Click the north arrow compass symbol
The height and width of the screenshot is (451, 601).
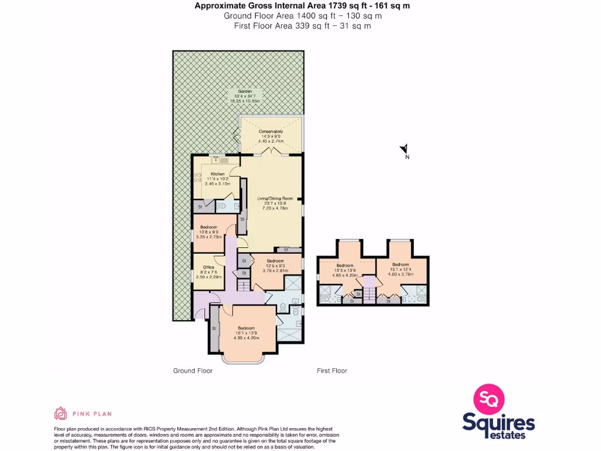[404, 150]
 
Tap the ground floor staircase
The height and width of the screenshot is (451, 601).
[243, 286]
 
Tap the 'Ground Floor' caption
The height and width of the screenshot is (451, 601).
[193, 371]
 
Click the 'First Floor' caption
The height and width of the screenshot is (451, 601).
[332, 371]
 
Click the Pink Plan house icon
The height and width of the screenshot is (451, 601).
[60, 413]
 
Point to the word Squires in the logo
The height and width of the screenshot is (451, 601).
[498, 422]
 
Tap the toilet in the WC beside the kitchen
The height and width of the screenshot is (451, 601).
[222, 206]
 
